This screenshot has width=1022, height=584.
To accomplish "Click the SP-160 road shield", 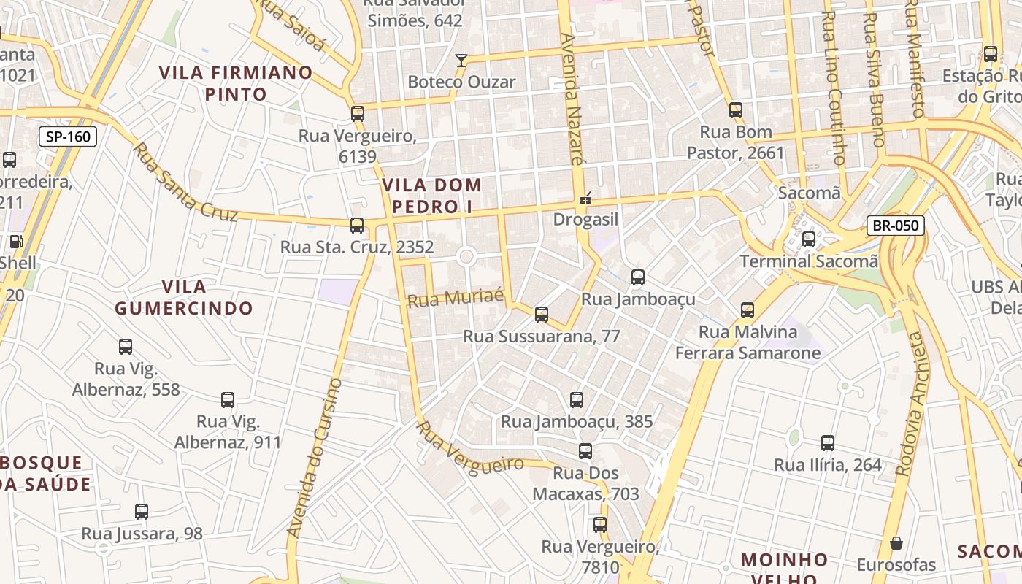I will [68, 137].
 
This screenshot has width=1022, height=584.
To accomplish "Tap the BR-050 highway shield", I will [896, 226].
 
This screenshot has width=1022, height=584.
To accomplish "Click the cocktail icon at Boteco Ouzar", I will [461, 60].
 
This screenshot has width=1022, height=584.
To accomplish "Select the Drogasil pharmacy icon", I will [585, 198].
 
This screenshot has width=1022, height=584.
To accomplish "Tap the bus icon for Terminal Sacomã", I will [809, 239].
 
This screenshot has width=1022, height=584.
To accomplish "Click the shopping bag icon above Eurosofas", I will [896, 543].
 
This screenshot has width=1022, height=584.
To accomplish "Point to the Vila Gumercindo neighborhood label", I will [184, 297].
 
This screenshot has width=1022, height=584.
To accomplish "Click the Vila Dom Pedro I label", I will [431, 196].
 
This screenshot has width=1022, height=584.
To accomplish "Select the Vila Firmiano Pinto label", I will [236, 83].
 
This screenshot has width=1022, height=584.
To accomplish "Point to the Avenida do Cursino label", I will [315, 458].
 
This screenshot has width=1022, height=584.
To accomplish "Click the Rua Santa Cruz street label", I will [186, 182].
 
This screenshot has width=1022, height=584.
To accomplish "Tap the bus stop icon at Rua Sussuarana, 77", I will [542, 315].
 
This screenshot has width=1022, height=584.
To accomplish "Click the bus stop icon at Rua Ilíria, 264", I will [828, 443].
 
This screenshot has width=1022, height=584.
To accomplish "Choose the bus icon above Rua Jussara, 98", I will [142, 512].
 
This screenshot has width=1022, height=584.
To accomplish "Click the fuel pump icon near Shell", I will [16, 242].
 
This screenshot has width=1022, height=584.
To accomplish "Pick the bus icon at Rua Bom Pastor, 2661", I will [736, 110].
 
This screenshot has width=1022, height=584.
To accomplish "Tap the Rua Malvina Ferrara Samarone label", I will [748, 343].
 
